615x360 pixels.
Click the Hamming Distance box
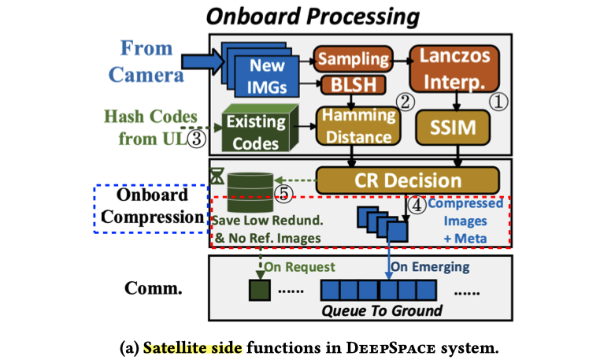coord(357,125)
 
